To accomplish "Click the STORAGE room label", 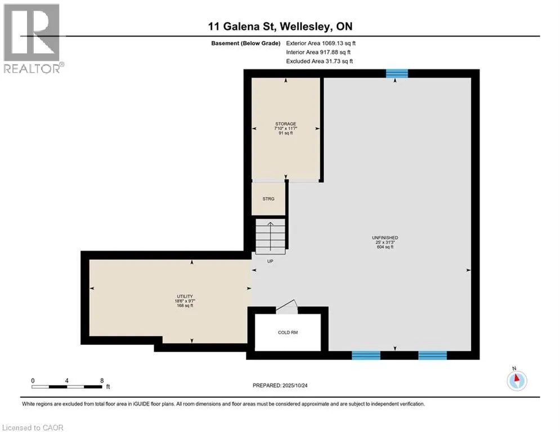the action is point(286,124).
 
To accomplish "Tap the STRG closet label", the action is point(268,199).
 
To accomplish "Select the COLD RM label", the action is point(288,332).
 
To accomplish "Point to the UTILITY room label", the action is point(185,296).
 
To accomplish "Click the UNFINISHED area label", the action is point(385,237).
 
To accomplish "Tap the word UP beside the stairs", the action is point(270,262).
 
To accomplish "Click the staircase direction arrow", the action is point(271,236).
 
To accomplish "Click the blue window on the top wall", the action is point(397,74).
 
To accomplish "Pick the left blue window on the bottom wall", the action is point(366,355).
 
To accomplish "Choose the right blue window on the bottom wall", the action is point(432,355).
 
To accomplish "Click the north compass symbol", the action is point(517,381).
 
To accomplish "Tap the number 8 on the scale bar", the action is point(102,381).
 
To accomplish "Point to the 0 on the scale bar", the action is point(33,381).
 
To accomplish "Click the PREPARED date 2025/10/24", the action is point(295,385).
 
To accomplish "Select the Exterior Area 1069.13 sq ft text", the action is point(321,43).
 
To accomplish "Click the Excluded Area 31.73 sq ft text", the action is point(319,61).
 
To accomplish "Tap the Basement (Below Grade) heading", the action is point(246,43).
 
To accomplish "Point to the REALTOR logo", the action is point(33,39).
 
